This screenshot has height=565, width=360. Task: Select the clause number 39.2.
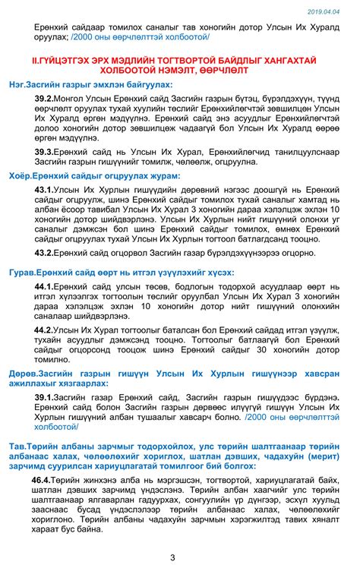point(43,99)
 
